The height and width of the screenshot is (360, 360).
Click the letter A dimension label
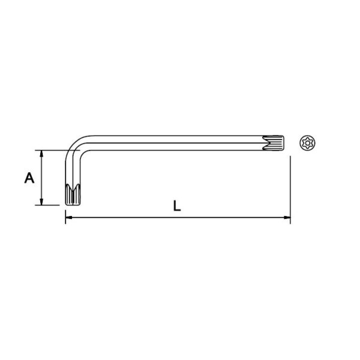click(29, 178)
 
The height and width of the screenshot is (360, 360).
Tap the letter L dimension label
click(177, 206)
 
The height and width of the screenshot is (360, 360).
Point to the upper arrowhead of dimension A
click(41, 154)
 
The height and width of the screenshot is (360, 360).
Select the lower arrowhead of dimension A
click(41, 202)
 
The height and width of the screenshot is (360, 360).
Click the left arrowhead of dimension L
click(69, 217)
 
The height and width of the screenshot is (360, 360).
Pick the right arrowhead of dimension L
click(287, 217)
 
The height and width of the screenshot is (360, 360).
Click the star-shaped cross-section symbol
click(307, 143)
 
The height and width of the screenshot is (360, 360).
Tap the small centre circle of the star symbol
click(307, 143)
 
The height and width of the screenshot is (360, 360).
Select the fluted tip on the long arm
click(273, 143)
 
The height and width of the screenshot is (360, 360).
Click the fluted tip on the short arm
click(73, 194)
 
